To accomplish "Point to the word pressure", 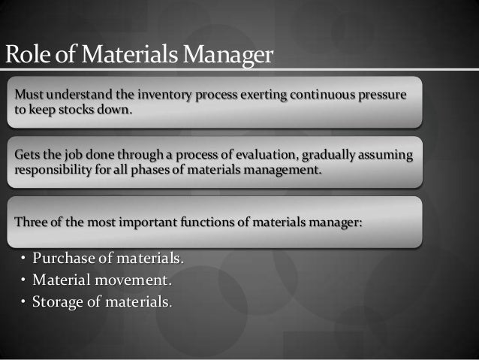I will (x=380, y=97).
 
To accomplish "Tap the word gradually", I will (x=321, y=156).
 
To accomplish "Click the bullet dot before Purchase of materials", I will (x=23, y=260).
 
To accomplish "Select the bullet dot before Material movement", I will (x=23, y=282).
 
